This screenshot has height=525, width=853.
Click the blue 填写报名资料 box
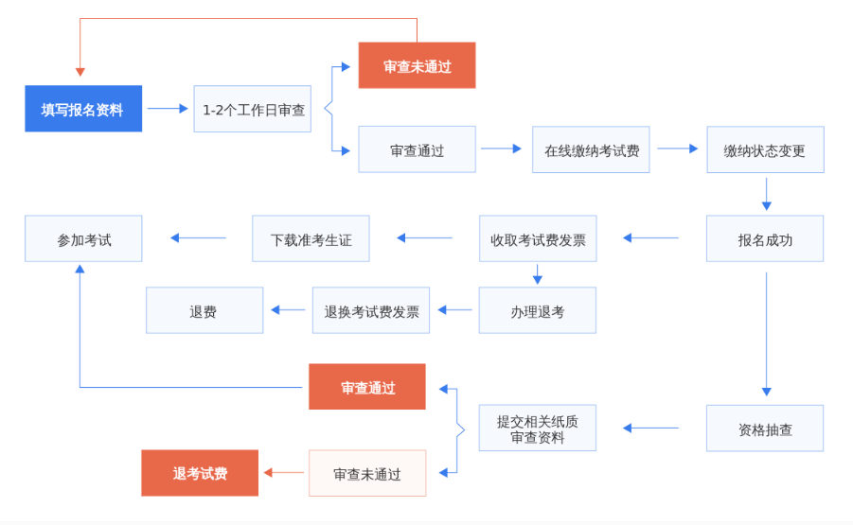point(83,109)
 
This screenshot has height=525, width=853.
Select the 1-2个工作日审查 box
point(253,109)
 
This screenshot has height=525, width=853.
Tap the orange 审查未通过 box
point(417,66)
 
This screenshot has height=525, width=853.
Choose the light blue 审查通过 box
point(417,149)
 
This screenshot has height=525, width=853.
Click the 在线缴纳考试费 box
point(591,149)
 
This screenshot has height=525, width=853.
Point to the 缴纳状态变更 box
point(765,149)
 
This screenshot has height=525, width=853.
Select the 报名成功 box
point(765,238)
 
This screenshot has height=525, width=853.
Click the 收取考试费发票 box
point(538,238)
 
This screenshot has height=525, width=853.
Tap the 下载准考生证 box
point(311,238)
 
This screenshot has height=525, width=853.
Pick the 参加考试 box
point(83,238)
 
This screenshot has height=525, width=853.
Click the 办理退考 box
point(538,310)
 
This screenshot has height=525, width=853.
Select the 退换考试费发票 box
point(371,310)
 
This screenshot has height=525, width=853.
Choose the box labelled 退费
point(204,310)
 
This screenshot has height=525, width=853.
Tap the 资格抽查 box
point(765,429)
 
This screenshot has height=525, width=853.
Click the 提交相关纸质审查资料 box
point(538,429)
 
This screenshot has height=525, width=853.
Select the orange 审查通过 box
point(367,387)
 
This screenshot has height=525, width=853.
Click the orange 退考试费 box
point(200,473)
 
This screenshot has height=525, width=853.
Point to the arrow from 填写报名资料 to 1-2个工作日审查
point(168,109)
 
